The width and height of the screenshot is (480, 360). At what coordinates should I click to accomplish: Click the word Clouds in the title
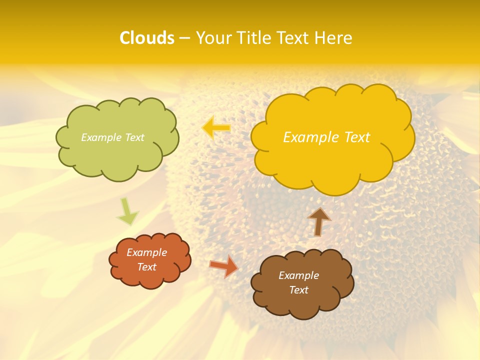click(x=147, y=38)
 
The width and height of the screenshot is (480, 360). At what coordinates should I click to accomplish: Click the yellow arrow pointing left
click(x=216, y=128)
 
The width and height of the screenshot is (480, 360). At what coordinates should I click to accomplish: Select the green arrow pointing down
click(x=127, y=212)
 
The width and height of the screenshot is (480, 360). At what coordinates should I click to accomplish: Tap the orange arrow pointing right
click(x=224, y=266)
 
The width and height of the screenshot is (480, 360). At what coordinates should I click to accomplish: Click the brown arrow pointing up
click(x=319, y=221)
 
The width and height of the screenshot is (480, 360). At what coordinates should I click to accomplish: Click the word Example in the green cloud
click(x=101, y=137)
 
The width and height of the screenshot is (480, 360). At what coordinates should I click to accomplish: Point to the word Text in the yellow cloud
click(x=354, y=137)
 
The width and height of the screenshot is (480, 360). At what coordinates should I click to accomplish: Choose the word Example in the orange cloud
click(x=146, y=252)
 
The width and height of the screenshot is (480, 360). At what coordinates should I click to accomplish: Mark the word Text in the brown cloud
click(x=298, y=290)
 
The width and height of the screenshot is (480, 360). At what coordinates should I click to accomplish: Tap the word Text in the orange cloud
click(x=146, y=267)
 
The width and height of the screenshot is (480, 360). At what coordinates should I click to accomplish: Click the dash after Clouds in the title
click(x=184, y=38)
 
